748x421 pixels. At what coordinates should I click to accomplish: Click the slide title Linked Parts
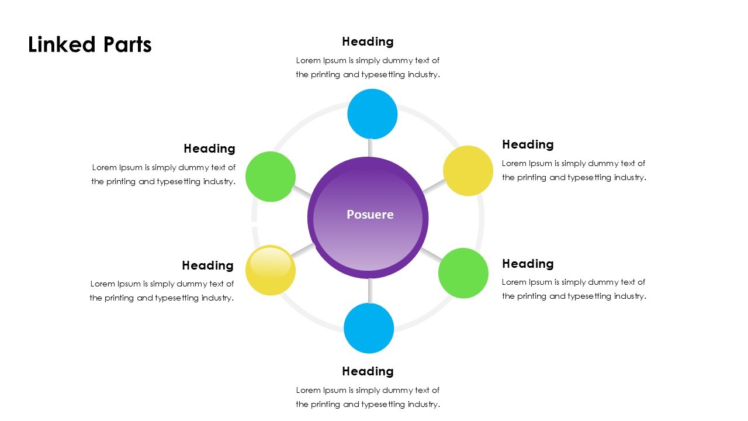pyautogui.click(x=90, y=45)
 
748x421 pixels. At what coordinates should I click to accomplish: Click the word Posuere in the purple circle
pyautogui.click(x=370, y=215)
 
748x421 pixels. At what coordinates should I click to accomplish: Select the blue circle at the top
pyautogui.click(x=372, y=114)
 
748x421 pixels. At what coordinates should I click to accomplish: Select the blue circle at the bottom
pyautogui.click(x=369, y=328)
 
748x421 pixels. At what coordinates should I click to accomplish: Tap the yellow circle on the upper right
pyautogui.click(x=468, y=171)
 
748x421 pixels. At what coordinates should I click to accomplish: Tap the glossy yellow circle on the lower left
pyautogui.click(x=271, y=270)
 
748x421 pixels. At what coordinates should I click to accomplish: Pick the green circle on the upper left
pyautogui.click(x=271, y=177)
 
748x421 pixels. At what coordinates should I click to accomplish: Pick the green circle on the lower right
pyautogui.click(x=463, y=273)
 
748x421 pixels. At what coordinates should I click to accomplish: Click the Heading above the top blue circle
pyautogui.click(x=368, y=42)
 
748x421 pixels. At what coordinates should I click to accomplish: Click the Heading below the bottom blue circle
pyautogui.click(x=368, y=371)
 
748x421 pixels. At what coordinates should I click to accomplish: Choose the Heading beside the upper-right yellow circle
pyautogui.click(x=528, y=144)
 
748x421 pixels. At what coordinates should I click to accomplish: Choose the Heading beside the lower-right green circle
pyautogui.click(x=528, y=264)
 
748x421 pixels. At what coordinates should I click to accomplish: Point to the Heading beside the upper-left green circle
pyautogui.click(x=209, y=149)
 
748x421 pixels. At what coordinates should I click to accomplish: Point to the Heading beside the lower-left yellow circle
pyautogui.click(x=207, y=265)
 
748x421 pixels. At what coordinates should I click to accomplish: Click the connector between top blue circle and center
pyautogui.click(x=370, y=147)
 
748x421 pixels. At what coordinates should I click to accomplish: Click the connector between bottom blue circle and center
pyautogui.click(x=369, y=291)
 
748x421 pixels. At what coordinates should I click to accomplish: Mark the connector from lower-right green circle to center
pyautogui.click(x=431, y=254)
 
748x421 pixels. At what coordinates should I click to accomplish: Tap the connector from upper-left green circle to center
pyautogui.click(x=302, y=191)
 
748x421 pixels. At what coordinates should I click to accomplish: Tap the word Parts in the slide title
pyautogui.click(x=127, y=45)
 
